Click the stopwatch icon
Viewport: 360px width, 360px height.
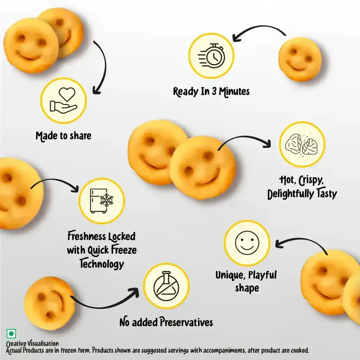point(211,56)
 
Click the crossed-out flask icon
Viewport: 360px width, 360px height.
point(166,286)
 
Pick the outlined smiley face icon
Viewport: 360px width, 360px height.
point(247,243)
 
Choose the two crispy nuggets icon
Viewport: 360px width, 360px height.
point(302,144)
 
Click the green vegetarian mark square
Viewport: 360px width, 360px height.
point(11,334)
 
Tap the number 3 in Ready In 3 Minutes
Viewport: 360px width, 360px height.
point(214,92)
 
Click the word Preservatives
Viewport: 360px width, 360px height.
point(186,322)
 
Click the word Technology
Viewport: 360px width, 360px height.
point(102,264)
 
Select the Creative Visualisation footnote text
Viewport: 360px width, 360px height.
point(33,344)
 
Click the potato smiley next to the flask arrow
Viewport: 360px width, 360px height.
point(49,303)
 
